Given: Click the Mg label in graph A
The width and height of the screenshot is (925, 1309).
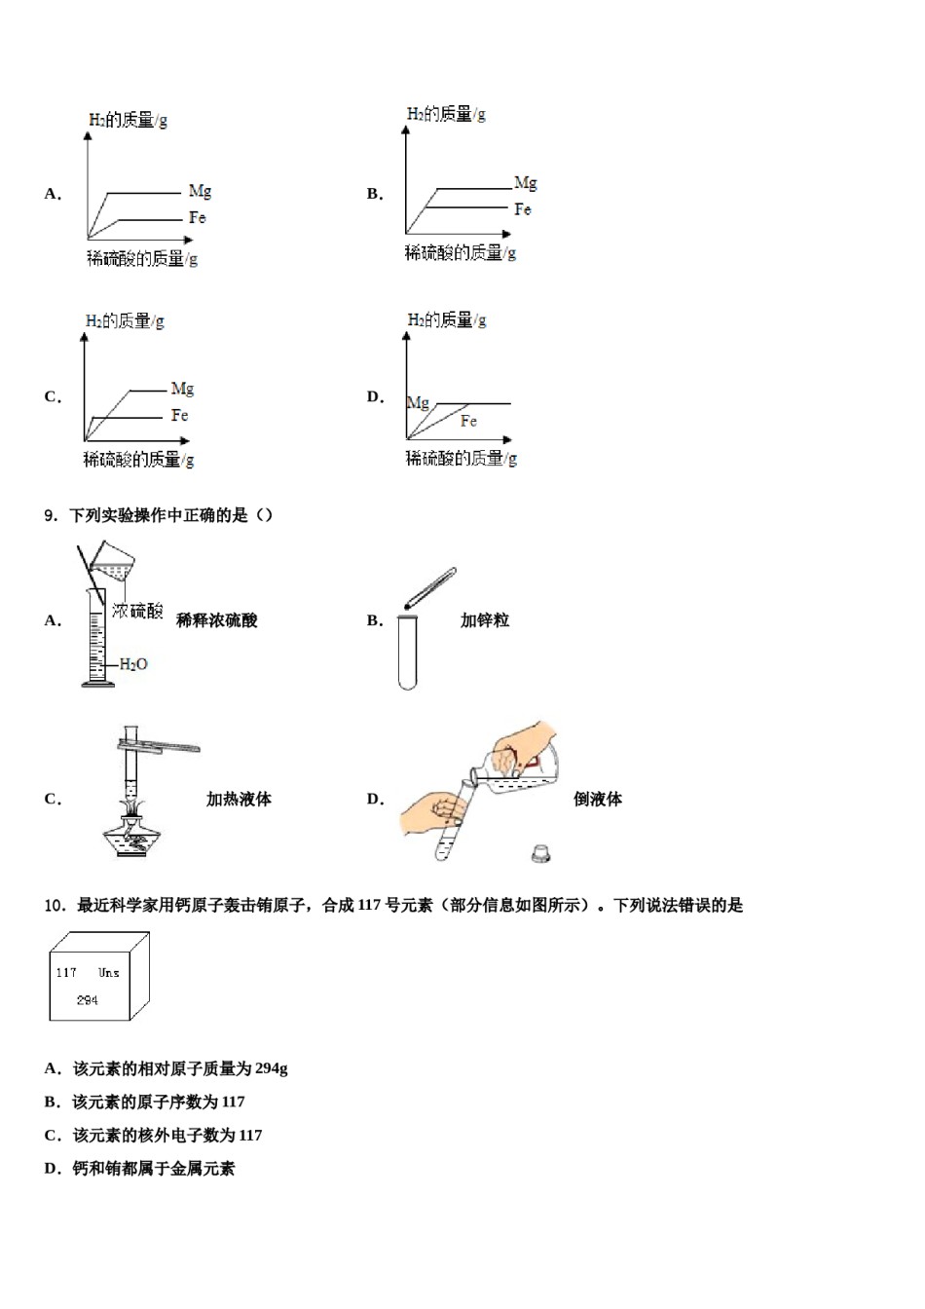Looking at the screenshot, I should tap(200, 192).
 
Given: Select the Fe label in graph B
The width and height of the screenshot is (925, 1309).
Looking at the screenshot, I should tap(523, 209).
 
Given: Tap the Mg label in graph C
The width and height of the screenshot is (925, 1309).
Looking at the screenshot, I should tap(182, 389).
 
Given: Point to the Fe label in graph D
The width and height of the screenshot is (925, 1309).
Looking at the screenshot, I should tap(468, 421).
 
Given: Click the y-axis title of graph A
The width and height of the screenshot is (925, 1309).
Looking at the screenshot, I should tap(128, 121).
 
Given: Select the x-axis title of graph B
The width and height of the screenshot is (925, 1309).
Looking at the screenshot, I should tap(460, 253).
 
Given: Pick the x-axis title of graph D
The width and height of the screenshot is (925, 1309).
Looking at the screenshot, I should tap(461, 458).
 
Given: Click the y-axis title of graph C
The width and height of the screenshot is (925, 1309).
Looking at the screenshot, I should tap(125, 320).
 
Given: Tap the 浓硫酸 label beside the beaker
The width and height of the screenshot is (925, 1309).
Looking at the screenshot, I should tap(137, 612).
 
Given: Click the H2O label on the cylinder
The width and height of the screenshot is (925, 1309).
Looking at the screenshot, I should tap(133, 664).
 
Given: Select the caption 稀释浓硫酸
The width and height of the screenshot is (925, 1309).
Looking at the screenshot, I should tap(216, 620).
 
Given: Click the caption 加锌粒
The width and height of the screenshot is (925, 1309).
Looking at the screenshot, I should tap(484, 620).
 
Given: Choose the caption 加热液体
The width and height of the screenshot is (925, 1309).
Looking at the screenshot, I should tap(239, 799).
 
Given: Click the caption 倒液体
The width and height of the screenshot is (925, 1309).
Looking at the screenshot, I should tap(597, 799).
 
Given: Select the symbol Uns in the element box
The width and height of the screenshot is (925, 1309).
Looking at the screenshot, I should tap(109, 972).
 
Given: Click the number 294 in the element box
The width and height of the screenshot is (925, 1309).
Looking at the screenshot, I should tap(87, 1000).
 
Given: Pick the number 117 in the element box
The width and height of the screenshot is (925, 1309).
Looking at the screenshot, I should tap(66, 972).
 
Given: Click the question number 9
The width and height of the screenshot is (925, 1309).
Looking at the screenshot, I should tap(51, 515).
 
